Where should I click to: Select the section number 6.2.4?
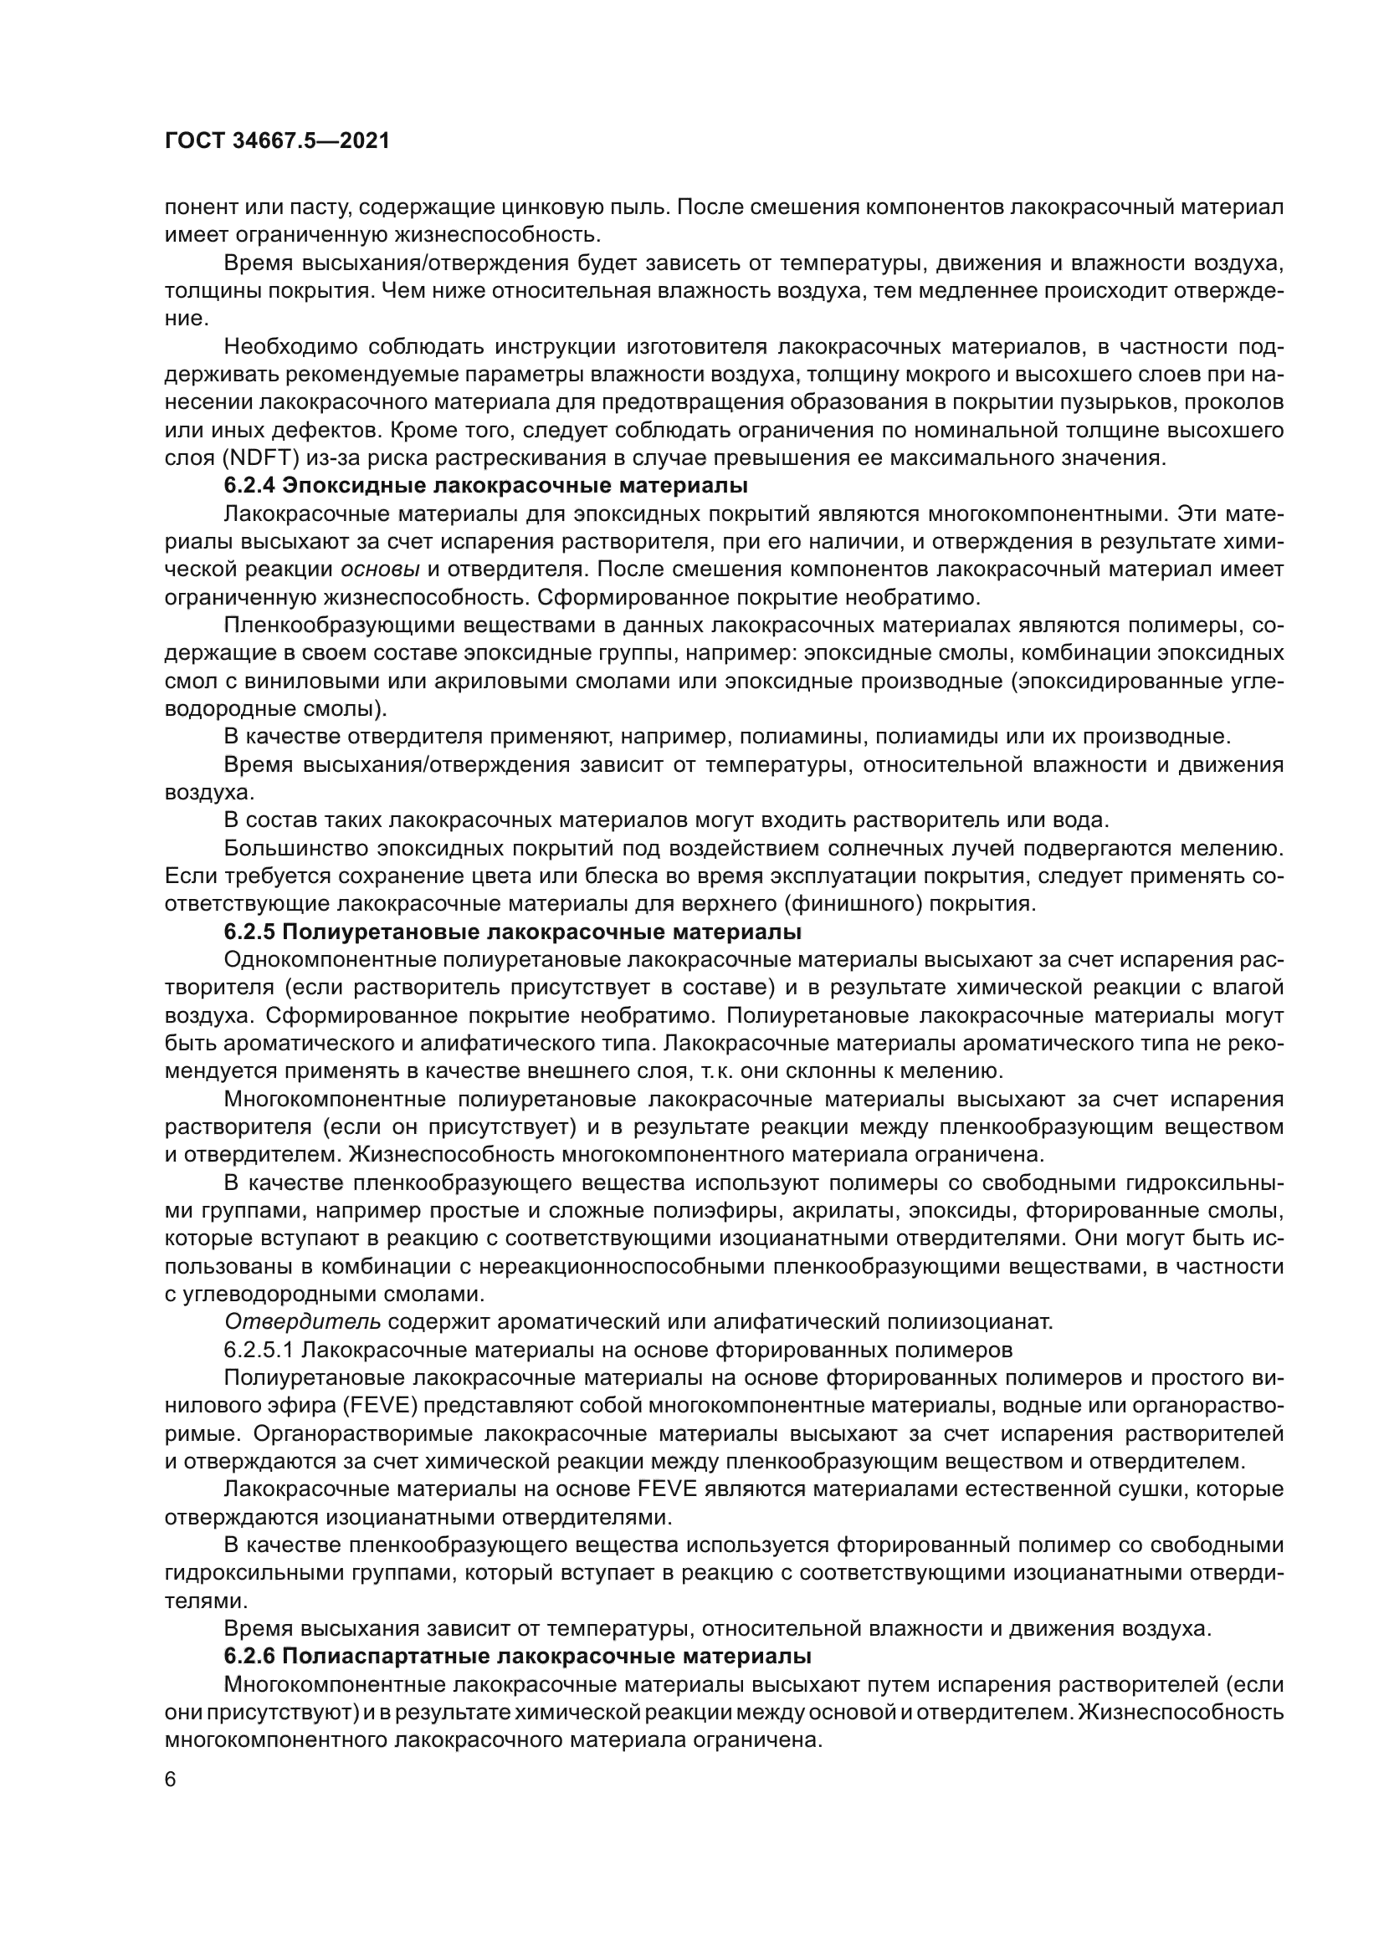249,487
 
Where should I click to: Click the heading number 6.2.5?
249,933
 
